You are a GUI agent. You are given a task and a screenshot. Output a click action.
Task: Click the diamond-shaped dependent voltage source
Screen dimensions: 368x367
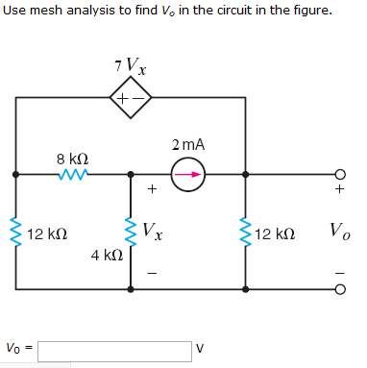131,98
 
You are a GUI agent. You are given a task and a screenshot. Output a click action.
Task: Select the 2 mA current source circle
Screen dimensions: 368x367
189,175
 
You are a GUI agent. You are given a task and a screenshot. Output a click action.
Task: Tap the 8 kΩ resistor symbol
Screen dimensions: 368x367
72,175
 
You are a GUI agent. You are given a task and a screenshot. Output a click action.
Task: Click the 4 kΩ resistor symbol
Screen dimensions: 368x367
131,232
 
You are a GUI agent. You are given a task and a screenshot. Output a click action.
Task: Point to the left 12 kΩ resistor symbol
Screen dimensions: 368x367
14,232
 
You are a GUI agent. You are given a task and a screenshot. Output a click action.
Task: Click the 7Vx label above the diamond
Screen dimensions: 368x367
130,68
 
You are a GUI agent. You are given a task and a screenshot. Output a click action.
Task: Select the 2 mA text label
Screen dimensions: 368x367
189,145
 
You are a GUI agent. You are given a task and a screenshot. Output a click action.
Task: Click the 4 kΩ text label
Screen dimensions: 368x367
106,256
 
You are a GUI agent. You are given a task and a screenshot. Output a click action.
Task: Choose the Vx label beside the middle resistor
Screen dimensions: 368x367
151,231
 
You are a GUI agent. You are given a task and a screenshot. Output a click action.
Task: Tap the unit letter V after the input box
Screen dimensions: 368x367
200,349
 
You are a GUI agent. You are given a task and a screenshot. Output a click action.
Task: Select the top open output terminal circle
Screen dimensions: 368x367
338,175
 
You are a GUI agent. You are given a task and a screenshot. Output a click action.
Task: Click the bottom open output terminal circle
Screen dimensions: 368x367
338,288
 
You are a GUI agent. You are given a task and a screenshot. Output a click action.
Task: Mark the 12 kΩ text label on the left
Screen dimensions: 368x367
47,233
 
